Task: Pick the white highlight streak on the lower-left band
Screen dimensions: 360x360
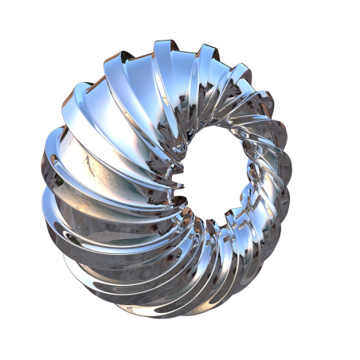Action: tap(96, 263)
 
